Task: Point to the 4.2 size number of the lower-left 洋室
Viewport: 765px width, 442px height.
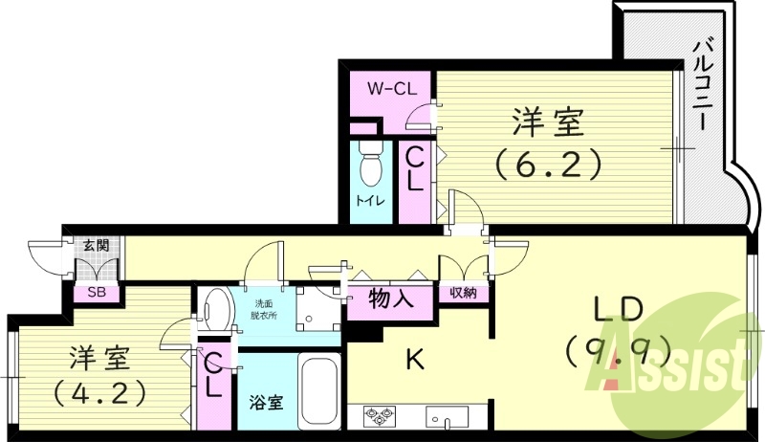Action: (x=99, y=392)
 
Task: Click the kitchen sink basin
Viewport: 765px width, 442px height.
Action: (x=447, y=417)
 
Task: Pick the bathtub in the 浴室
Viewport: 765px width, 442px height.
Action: (x=317, y=392)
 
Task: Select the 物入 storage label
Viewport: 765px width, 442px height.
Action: (x=391, y=298)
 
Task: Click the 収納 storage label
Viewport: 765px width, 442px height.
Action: (x=464, y=293)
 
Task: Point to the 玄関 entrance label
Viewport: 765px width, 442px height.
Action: (x=95, y=246)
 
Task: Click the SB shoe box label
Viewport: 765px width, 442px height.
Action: (x=97, y=293)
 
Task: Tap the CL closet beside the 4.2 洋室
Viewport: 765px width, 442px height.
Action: (x=215, y=375)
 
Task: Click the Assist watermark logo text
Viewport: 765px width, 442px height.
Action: (x=679, y=368)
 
